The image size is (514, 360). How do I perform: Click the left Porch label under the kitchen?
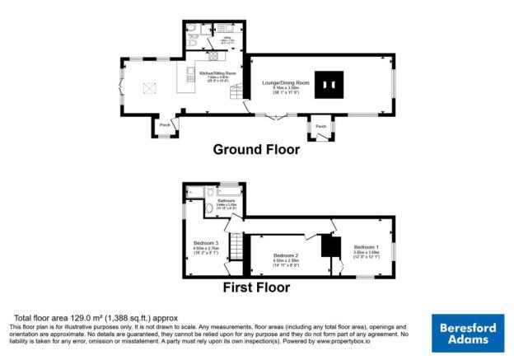pyautogui.click(x=164, y=124)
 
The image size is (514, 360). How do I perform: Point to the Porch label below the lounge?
pyautogui.click(x=320, y=126)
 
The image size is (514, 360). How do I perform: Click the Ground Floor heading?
pyautogui.click(x=256, y=149)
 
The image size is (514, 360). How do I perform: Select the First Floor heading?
pyautogui.click(x=256, y=288)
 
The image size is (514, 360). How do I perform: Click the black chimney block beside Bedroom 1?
pyautogui.click(x=329, y=245)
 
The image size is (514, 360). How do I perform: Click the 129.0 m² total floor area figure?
pyautogui.click(x=96, y=318)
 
